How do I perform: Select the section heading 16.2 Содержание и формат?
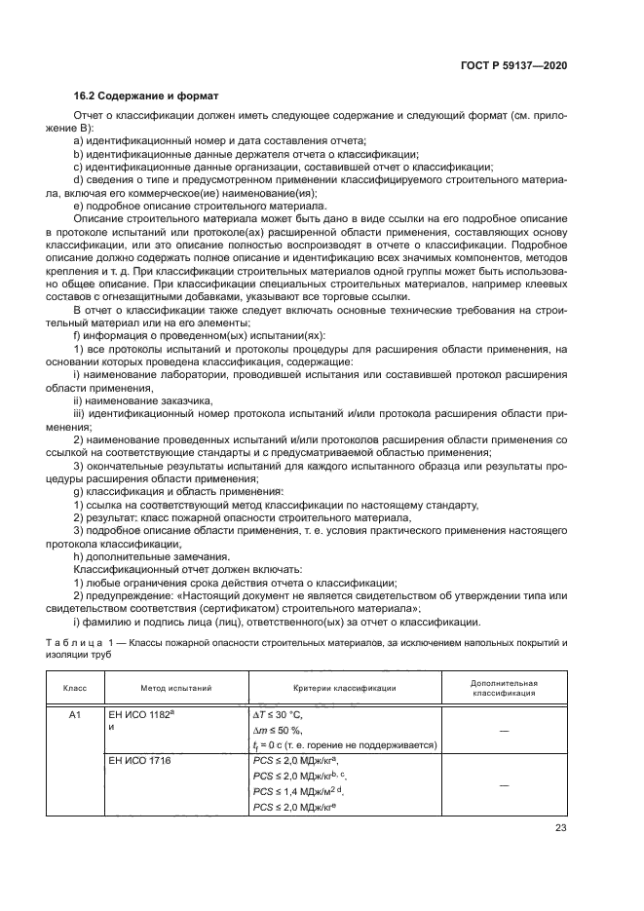[x=146, y=96]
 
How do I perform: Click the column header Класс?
[x=75, y=688]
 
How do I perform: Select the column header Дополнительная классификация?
[x=504, y=688]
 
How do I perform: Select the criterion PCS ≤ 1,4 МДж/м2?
[x=298, y=792]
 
